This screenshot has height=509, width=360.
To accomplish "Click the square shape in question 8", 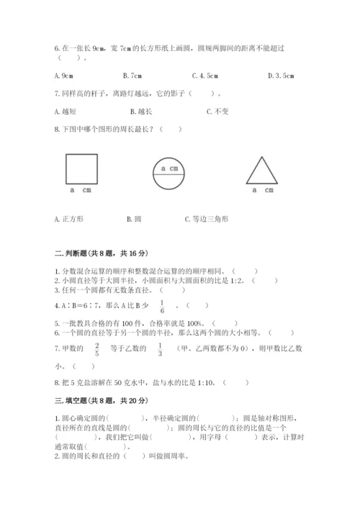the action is coord(81,169).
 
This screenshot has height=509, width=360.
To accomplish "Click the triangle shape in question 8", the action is coord(261,171).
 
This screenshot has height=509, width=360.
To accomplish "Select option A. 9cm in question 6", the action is coord(65,75).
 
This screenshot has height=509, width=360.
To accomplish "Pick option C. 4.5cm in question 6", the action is coord(206,75).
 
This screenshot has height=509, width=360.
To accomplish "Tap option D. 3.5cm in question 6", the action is coord(279,75).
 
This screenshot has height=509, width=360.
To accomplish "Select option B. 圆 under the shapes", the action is coord(133,218).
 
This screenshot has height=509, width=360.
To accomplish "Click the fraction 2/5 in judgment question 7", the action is coord(97,349).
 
